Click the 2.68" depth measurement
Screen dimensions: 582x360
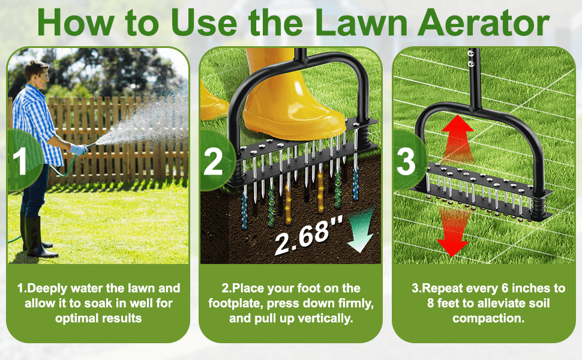pos(303,236)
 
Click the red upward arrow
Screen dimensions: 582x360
pos(457,137)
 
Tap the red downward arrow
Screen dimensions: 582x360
pos(453,233)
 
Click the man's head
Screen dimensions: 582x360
pos(37,73)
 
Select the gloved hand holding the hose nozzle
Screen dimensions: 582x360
pos(78,149)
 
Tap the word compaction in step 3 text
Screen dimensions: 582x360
pos(488,318)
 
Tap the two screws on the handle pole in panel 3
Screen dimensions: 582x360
pos(472,59)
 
